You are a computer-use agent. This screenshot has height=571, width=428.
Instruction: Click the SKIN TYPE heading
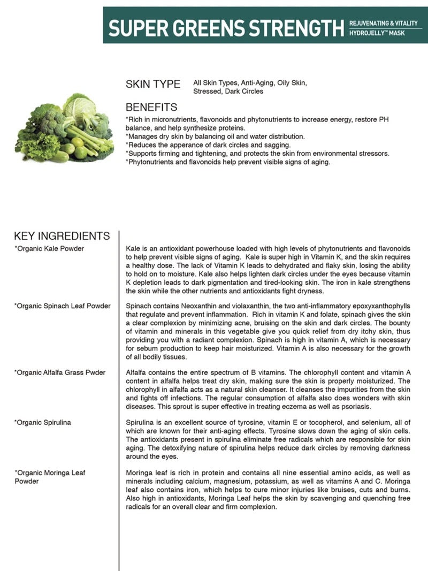click(x=152, y=84)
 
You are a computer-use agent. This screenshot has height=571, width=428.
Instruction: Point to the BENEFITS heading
click(x=151, y=108)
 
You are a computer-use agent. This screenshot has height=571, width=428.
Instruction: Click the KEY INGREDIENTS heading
click(x=62, y=236)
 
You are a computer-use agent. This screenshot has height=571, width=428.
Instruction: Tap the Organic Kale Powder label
click(x=49, y=249)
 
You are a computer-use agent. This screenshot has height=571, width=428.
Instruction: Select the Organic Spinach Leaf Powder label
click(x=62, y=306)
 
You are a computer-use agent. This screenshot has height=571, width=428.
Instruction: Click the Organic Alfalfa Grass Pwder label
click(x=60, y=372)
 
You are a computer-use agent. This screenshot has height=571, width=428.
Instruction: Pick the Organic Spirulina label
click(x=43, y=423)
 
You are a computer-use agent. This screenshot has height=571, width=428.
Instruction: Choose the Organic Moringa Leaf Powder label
click(x=50, y=477)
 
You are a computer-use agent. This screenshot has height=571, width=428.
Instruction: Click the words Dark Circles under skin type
click(x=243, y=92)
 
